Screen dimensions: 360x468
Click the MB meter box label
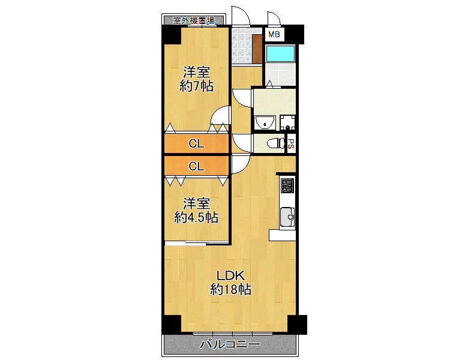click(x=274, y=34)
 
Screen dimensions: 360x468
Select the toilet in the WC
click(x=276, y=143)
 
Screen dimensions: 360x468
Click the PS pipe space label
click(x=291, y=143)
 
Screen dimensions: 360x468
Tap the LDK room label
click(x=230, y=276)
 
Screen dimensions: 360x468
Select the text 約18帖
click(x=230, y=290)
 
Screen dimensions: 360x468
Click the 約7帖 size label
click(x=196, y=86)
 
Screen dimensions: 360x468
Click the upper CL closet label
click(x=196, y=143)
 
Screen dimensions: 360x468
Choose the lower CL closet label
click(x=196, y=166)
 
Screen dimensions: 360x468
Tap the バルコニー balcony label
click(x=229, y=344)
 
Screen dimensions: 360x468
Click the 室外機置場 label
click(x=193, y=20)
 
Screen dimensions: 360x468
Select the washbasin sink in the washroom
click(x=264, y=123)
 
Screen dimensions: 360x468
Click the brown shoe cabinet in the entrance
click(x=257, y=49)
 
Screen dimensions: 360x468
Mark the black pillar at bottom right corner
click(x=297, y=324)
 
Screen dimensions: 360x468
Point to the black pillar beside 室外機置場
click(x=171, y=35)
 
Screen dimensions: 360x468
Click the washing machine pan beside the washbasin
click(x=288, y=122)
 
